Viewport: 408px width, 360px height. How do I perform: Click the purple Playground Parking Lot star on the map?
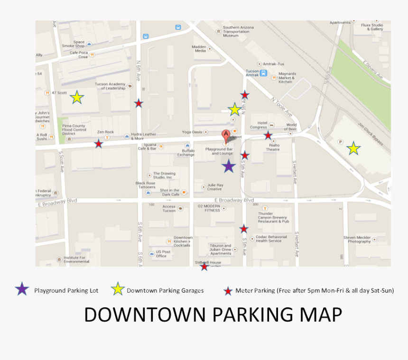pos(229,166)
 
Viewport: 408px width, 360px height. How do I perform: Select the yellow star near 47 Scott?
pos(77,98)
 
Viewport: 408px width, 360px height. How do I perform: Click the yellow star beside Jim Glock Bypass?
pos(353,148)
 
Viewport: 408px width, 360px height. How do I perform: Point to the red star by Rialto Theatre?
pos(268,136)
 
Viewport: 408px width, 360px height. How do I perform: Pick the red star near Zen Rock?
pos(98,144)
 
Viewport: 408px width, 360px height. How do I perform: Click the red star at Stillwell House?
pos(204,267)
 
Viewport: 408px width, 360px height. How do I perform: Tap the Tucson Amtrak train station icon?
pos(263,74)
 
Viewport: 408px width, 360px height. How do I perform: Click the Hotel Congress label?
pos(259,125)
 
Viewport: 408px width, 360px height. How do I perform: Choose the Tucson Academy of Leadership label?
pos(110,86)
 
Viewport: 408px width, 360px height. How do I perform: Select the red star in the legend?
pos(228,290)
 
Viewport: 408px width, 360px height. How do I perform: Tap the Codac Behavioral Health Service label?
pos(271,239)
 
